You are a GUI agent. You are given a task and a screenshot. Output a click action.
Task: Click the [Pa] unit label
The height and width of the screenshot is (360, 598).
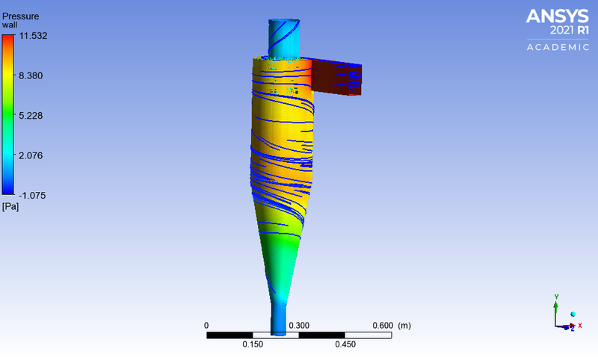[10, 206]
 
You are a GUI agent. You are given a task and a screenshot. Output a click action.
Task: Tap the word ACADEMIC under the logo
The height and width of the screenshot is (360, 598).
[558, 47]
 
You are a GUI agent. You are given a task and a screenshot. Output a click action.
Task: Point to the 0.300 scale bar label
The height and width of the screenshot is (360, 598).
[299, 326]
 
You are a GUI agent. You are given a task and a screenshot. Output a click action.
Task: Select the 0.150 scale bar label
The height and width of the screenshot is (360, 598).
[253, 344]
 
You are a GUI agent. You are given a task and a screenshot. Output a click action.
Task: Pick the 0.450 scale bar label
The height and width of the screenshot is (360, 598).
[345, 344]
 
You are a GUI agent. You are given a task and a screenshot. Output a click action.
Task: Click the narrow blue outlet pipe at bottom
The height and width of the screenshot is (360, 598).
[278, 317]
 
